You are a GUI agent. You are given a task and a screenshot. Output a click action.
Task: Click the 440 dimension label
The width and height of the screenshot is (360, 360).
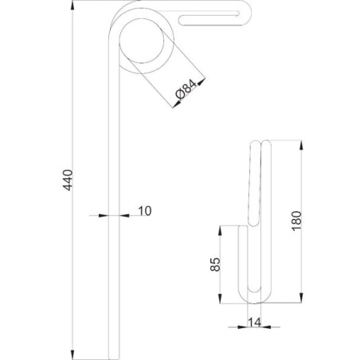pos(68,180)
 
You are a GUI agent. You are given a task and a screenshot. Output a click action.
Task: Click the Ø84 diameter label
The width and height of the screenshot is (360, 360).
pos(186,89)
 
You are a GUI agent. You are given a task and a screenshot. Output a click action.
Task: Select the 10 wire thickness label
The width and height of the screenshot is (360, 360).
pos(145,211)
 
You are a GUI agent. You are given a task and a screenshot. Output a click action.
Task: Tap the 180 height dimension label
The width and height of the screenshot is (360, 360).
pos(297,221)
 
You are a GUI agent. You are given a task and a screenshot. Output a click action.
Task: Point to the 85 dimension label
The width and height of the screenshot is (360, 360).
pos(215,264)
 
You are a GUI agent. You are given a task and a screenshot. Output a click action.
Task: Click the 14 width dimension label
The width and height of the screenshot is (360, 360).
pos(254,323)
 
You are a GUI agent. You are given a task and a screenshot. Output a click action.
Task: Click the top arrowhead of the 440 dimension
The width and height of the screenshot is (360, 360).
pos(72,6)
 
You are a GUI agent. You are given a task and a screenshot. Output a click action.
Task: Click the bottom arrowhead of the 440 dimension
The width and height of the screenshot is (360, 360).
pos(72,354)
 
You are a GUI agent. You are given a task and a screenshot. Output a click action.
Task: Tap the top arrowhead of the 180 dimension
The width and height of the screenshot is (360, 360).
pos(301,145)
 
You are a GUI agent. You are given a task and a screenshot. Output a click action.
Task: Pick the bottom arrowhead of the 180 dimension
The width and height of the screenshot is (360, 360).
pos(301,298)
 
